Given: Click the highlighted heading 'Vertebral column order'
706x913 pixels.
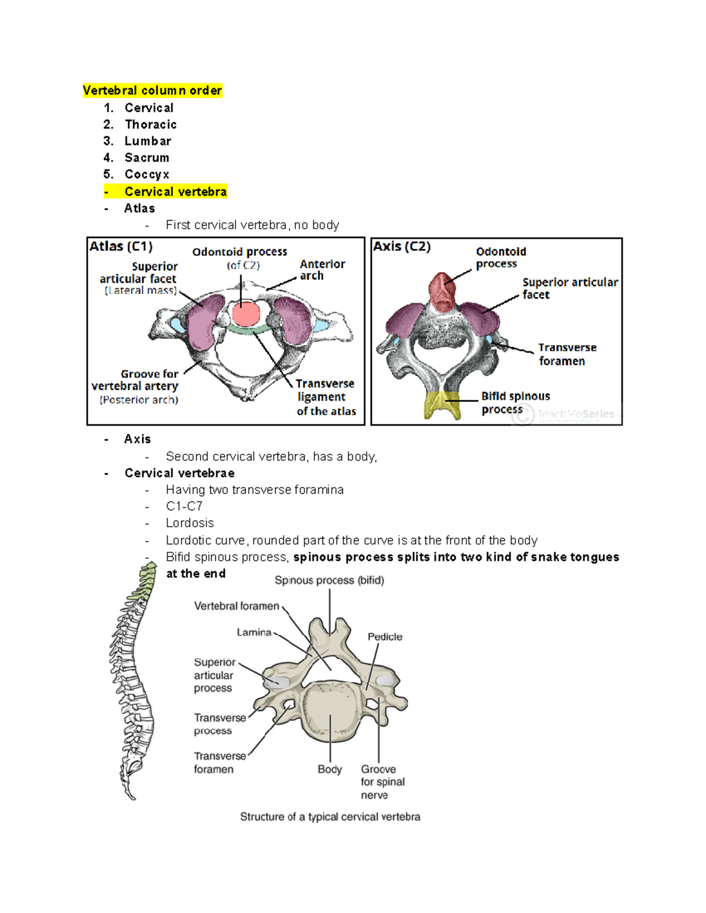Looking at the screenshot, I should point(152,91).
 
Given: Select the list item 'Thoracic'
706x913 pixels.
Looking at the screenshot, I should point(151,125).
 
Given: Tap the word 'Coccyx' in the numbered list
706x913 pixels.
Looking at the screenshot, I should point(147,175).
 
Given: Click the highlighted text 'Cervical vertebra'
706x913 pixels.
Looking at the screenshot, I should point(175,192).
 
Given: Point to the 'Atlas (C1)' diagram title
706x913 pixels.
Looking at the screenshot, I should point(121,246).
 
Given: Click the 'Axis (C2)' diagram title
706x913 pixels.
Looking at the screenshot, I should point(402,246).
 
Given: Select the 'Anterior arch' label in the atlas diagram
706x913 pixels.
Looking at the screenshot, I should point(322,270).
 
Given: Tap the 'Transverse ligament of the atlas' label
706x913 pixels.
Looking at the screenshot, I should point(326,397).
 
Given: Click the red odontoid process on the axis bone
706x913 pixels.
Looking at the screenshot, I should point(442,291).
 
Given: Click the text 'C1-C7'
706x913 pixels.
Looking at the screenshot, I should point(184,506).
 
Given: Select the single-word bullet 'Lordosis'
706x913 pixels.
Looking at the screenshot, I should point(189,523).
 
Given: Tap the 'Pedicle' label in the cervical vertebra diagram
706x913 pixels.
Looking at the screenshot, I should point(385,637).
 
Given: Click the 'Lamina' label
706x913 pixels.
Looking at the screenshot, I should point(254,633).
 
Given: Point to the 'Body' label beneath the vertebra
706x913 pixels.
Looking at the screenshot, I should point(329,769).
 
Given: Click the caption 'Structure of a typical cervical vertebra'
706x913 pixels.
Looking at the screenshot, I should point(330,817).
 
